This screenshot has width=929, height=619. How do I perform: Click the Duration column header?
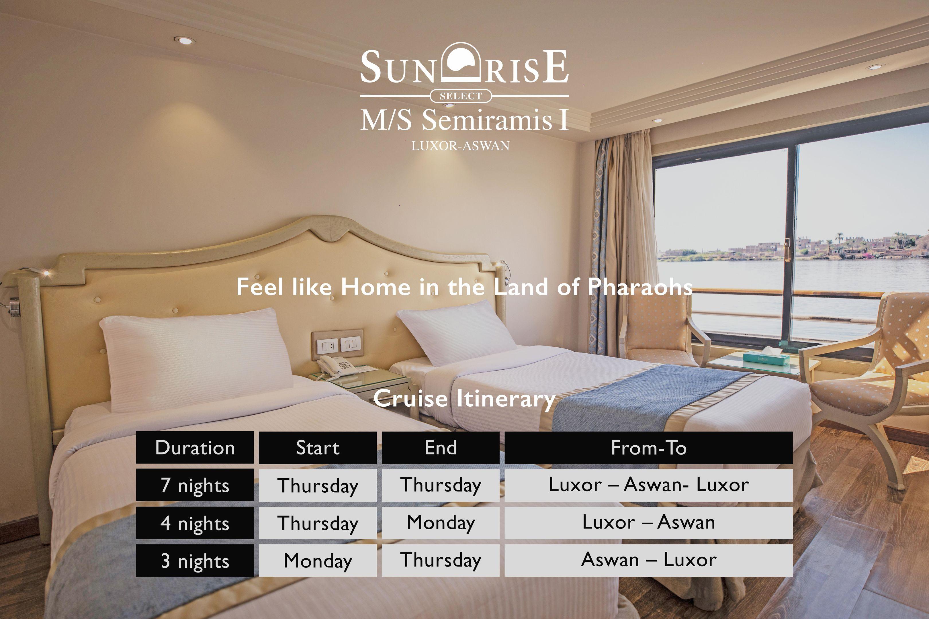coord(195,447)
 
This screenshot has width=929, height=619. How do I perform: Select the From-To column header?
coord(648,447)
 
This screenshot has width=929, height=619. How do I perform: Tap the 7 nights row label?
coord(195,485)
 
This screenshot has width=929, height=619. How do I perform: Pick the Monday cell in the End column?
coord(440,523)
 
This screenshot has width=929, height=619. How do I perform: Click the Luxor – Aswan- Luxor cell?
coord(648,485)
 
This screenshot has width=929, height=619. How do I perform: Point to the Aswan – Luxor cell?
coord(648,561)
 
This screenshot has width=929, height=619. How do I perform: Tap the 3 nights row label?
coord(195,561)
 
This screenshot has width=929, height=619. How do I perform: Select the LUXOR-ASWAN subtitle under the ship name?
coord(460,146)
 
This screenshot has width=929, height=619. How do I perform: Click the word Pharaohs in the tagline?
coord(640,287)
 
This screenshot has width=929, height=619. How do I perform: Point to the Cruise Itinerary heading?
coord(464,399)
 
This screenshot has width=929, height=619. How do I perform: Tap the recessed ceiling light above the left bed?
coord(184,40)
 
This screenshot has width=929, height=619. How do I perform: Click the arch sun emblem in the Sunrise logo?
coord(460,63)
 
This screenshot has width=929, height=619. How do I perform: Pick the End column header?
coord(440,447)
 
